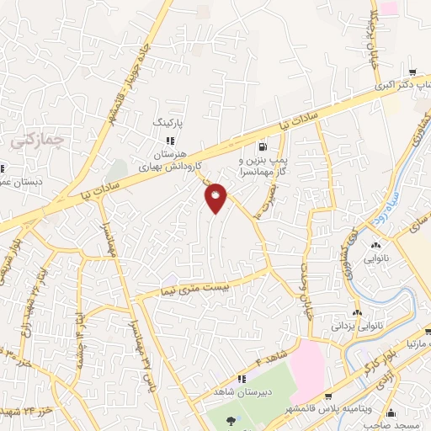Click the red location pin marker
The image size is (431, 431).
point(216,197)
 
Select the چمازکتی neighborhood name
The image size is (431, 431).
point(28,142)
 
